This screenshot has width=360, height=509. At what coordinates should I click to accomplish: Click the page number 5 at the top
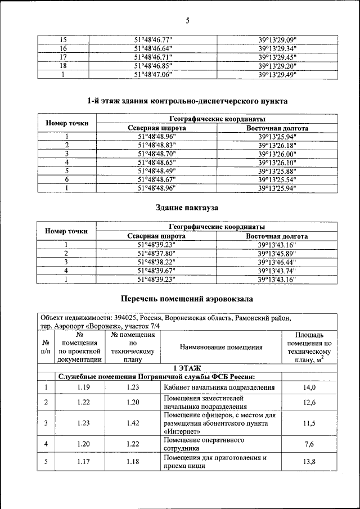(x=187, y=21)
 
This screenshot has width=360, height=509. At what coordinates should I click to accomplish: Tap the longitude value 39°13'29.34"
(x=277, y=49)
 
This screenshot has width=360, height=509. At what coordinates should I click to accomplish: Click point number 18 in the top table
(x=64, y=65)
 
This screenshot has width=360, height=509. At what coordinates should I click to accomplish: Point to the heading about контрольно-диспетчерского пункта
(x=187, y=101)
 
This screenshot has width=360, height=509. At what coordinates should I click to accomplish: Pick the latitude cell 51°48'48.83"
(x=156, y=145)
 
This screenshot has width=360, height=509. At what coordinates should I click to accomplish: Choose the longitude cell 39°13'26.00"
(x=277, y=154)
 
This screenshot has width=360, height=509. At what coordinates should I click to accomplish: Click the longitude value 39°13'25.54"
(x=277, y=179)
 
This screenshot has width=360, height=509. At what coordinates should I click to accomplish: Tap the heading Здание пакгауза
(x=187, y=208)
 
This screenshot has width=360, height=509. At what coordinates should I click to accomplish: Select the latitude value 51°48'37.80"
(x=156, y=253)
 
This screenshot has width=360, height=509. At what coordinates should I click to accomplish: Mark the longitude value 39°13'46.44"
(x=277, y=262)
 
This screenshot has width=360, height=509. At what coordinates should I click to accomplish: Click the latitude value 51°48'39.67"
(x=156, y=271)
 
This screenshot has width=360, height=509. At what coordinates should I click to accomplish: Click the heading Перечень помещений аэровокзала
(x=187, y=298)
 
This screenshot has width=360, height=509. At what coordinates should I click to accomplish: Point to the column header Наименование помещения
(x=221, y=347)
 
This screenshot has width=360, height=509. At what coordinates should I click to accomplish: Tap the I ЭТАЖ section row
(x=187, y=368)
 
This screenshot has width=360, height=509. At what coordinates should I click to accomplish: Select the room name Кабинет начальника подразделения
(x=219, y=387)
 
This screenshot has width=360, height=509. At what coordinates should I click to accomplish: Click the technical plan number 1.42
(x=132, y=423)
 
